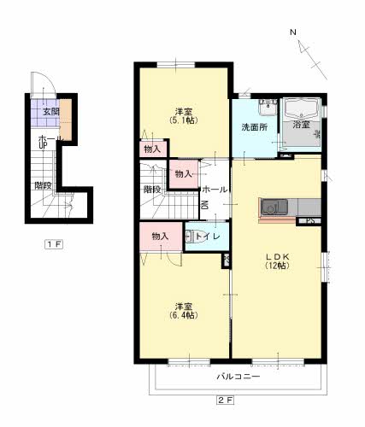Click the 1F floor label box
pyautogui.click(x=54, y=244)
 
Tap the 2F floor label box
pyautogui.click(x=225, y=401)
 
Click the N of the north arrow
pyautogui.click(x=293, y=32)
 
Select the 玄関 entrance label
pyautogui.click(x=51, y=112)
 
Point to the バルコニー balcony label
pyautogui.click(x=238, y=377)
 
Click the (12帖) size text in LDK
pyautogui.click(x=278, y=266)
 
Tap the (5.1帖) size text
pyautogui.click(x=184, y=120)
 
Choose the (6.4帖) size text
pyautogui.click(x=184, y=315)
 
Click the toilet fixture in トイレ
pyautogui.click(x=190, y=237)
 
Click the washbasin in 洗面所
pyautogui.click(x=268, y=108)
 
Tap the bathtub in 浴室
pyautogui.click(x=301, y=109)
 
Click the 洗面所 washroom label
pyautogui.click(x=255, y=127)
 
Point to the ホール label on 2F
pyautogui.click(x=215, y=190)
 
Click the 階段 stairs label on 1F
pyautogui.click(x=43, y=185)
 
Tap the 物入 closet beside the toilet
pyautogui.click(x=161, y=237)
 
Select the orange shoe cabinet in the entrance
pyautogui.click(x=66, y=120)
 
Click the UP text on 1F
pyautogui.click(x=43, y=145)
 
